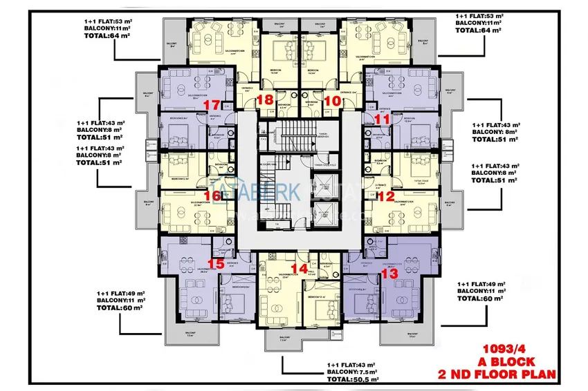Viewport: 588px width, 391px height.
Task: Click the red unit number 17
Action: [212, 104]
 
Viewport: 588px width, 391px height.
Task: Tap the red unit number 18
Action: [264, 100]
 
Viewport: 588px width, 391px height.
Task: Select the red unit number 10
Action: [331, 100]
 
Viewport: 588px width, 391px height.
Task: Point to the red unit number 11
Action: [382, 120]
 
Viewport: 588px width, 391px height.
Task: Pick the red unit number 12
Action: [386, 197]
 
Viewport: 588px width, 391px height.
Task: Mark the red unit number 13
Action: [389, 274]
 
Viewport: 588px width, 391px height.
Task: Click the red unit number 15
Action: [216, 263]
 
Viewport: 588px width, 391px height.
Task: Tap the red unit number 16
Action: [213, 196]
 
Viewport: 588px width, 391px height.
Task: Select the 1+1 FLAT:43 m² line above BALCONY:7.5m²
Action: [351, 365]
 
